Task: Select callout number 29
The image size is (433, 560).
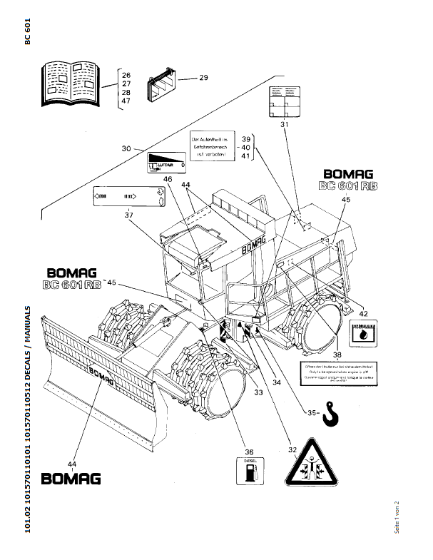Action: (x=203, y=77)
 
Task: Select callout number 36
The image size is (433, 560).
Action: (x=249, y=451)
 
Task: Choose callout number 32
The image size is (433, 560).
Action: (x=292, y=450)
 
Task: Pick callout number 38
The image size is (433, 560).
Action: (x=337, y=354)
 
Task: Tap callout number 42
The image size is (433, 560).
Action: (x=362, y=313)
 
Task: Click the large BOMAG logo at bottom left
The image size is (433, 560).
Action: (x=71, y=479)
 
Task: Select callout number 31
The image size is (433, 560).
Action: (x=283, y=124)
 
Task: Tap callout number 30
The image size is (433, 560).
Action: (x=126, y=148)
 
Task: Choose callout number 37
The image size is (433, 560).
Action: (x=128, y=215)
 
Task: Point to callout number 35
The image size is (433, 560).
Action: (x=312, y=412)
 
